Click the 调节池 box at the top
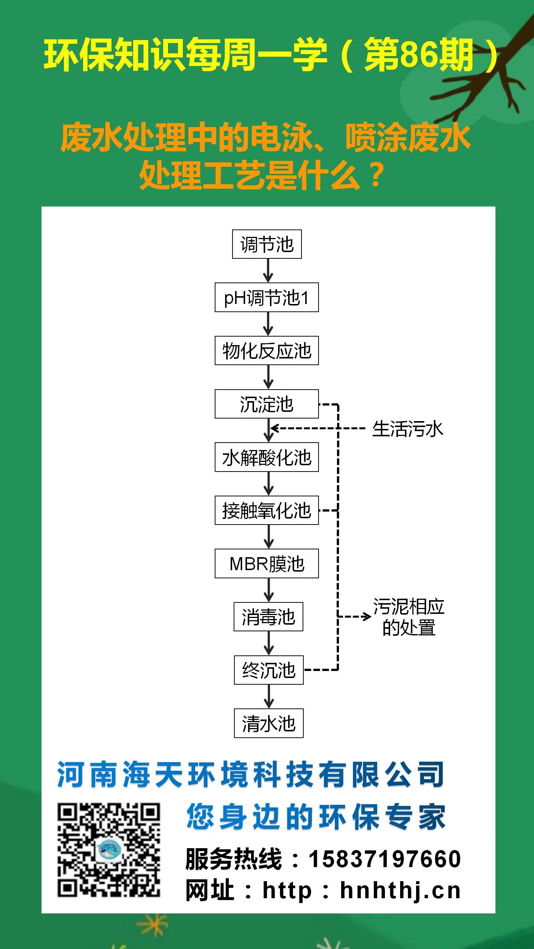[x=267, y=244]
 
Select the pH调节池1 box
[x=267, y=298]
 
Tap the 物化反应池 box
[x=267, y=351]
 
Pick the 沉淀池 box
[x=267, y=404]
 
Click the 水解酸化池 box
[x=267, y=457]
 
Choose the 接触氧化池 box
[x=267, y=510]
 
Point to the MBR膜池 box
[x=267, y=563]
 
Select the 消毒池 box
[x=268, y=617]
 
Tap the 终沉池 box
[x=269, y=670]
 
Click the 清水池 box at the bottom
[x=269, y=723]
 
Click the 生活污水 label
[x=408, y=429]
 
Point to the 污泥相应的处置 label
[x=408, y=617]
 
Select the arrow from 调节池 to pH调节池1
[x=268, y=271]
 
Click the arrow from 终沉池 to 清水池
[x=269, y=697]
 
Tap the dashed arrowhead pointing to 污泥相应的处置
[x=367, y=617]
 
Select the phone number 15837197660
[x=385, y=859]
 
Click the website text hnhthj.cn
[x=400, y=891]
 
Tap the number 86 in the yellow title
[x=418, y=55]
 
